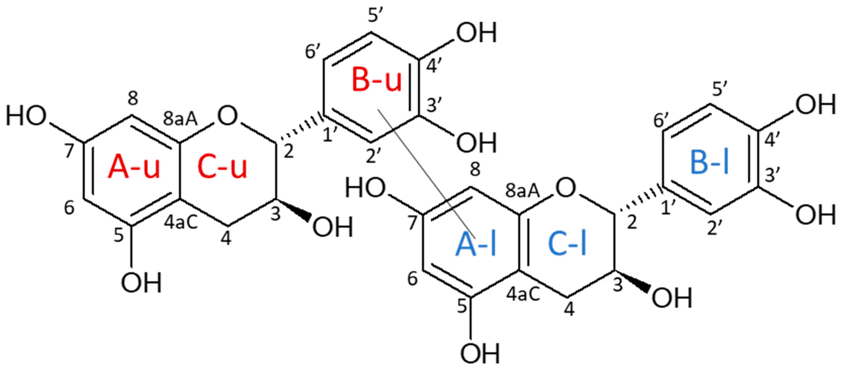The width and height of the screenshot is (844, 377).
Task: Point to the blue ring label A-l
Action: pos(476,245)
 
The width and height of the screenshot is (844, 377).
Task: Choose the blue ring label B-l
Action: pos(710,163)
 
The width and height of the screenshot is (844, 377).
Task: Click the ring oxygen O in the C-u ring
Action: pos(227,116)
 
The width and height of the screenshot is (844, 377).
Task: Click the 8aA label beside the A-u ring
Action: pos(180,119)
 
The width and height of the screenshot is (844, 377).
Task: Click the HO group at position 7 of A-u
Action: pos(26,117)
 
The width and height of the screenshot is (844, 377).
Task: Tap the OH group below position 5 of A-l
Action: pos(480,354)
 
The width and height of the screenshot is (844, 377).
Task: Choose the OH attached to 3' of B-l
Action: pos(816,215)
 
